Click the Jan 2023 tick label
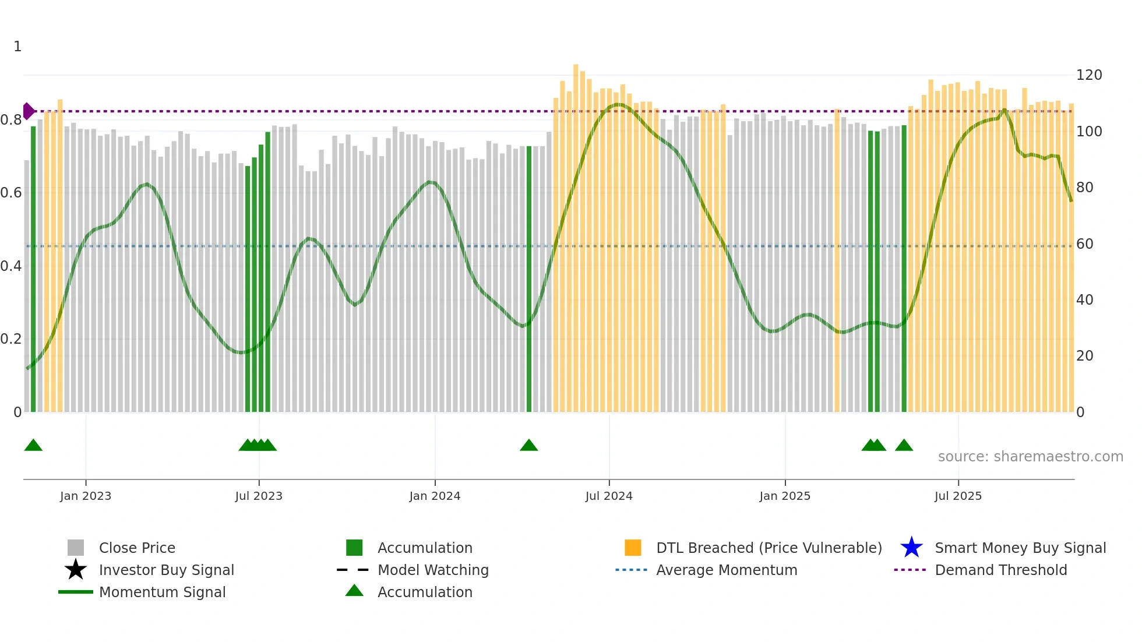tap(86, 496)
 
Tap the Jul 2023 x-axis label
tap(259, 496)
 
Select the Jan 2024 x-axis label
tap(435, 496)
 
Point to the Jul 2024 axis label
tap(609, 496)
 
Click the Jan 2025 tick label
tap(785, 496)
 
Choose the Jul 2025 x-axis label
tap(958, 496)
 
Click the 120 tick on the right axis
tap(1089, 75)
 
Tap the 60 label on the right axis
tap(1085, 244)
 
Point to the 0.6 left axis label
tap(11, 193)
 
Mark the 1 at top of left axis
tap(17, 47)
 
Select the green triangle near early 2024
tap(528, 445)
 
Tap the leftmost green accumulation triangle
tap(33, 445)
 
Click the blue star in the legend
tap(911, 548)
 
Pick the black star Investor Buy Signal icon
tap(76, 570)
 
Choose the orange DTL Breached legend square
tap(633, 548)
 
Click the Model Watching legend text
tap(433, 570)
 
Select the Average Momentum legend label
tap(727, 570)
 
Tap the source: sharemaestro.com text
tap(1030, 457)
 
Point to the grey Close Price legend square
tap(76, 548)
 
